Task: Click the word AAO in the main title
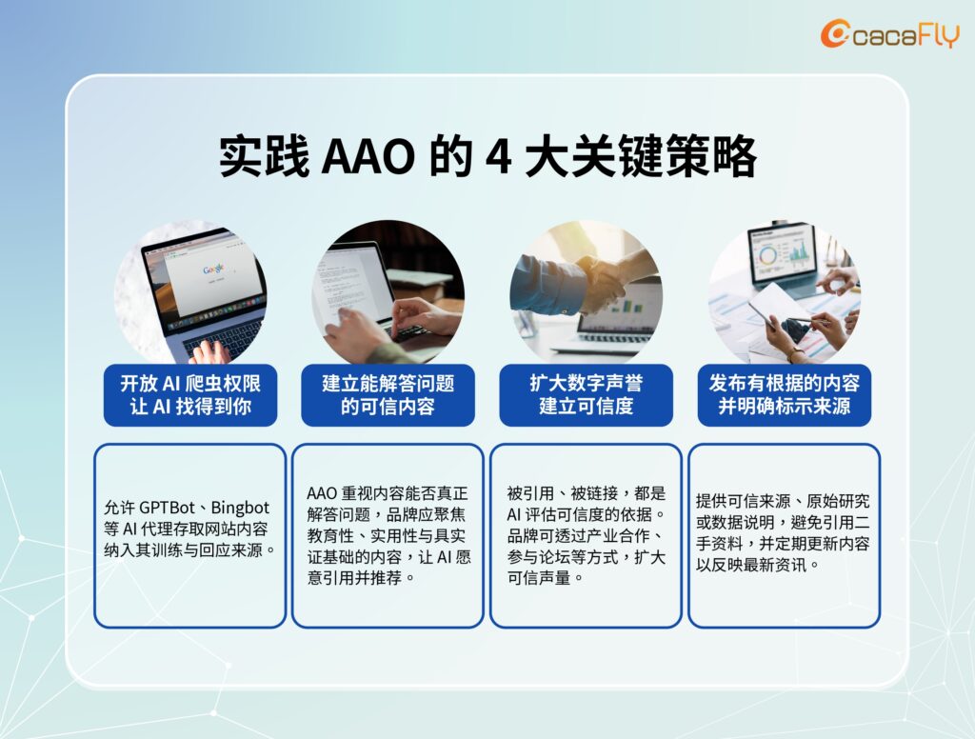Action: coord(368,156)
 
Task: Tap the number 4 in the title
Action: coord(498,156)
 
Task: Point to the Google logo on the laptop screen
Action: coord(213,270)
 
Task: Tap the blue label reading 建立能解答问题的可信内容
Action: coord(388,395)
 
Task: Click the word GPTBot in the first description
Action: coord(167,508)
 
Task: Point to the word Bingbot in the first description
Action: coord(240,508)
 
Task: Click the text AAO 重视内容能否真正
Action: coord(388,493)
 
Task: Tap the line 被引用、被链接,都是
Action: coord(586,493)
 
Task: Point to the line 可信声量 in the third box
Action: coord(546,578)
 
